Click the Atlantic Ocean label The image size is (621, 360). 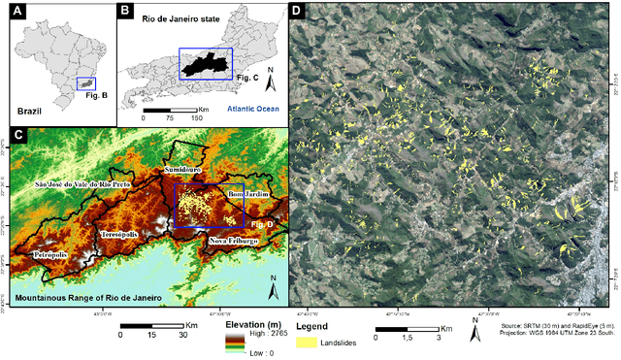(256, 109)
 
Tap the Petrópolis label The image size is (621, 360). (49, 254)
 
